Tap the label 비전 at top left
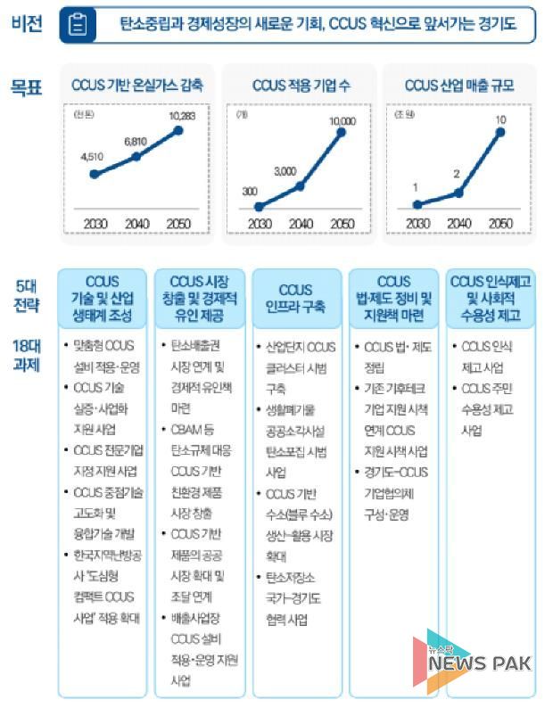pyautogui.click(x=26, y=24)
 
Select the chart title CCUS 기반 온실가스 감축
pyautogui.click(x=136, y=86)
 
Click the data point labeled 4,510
pyautogui.click(x=94, y=173)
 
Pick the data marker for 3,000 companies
pyautogui.click(x=300, y=185)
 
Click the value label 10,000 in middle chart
pyautogui.click(x=341, y=120)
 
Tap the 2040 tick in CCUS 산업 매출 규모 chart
pyautogui.click(x=458, y=223)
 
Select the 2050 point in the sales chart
pyautogui.click(x=500, y=132)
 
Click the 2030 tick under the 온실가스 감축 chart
pyautogui.click(x=95, y=223)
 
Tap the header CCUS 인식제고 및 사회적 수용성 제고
pyautogui.click(x=491, y=299)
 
